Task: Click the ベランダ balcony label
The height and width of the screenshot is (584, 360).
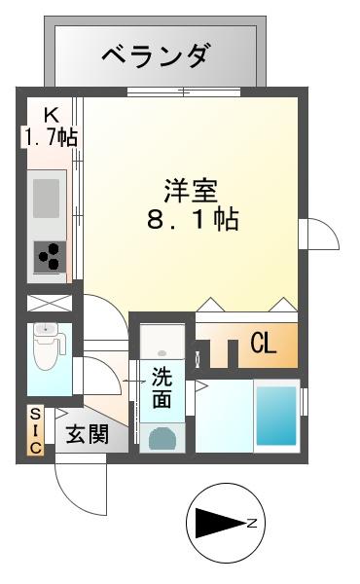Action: click(156, 56)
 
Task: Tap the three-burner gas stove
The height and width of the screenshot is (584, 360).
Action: click(49, 257)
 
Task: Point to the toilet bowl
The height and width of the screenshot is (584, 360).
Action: click(46, 348)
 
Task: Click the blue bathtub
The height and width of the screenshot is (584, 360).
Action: click(276, 413)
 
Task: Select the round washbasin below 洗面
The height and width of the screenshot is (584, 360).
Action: click(162, 435)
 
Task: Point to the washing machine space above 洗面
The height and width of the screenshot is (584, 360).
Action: click(160, 340)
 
